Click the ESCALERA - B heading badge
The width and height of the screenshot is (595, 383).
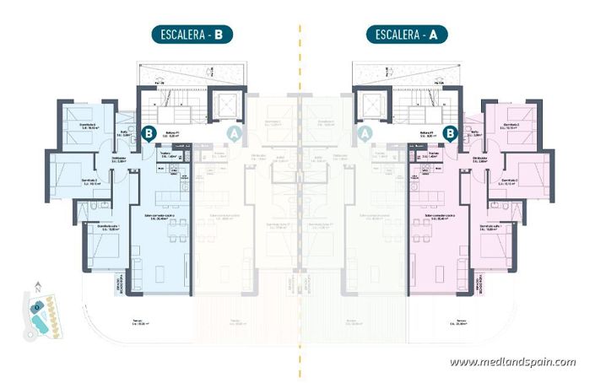[191, 35]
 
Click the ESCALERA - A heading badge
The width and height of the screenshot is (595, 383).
[406, 35]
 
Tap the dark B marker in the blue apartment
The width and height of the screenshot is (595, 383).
[149, 132]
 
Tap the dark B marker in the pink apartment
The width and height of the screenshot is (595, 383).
[451, 132]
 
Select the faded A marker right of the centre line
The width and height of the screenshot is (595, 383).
[365, 132]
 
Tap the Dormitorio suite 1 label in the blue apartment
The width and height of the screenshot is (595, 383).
[107, 228]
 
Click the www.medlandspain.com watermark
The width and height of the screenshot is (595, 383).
[512, 362]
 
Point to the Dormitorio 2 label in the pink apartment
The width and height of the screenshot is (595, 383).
[508, 181]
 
